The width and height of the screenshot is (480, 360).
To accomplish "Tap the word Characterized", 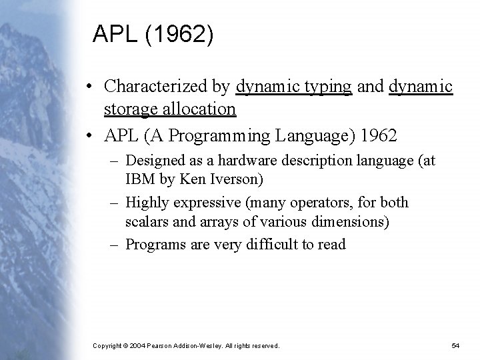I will point(167,87).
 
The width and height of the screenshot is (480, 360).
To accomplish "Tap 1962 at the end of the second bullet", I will point(378,136).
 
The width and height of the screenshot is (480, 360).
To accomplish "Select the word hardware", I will point(249,161).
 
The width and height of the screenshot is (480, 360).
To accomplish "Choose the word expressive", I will point(199,202).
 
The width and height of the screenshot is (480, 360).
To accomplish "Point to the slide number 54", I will point(456,346).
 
